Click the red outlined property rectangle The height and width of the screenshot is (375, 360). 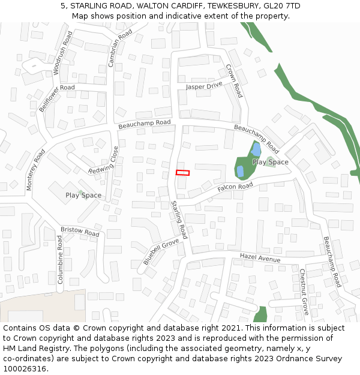[x=182, y=173]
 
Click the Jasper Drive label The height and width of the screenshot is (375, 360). [x=204, y=86]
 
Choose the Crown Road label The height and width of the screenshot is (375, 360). [x=233, y=80]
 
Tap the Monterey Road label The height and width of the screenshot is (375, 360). [x=35, y=170]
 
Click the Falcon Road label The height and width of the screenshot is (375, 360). [x=235, y=187]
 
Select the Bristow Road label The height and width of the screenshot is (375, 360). [x=80, y=232]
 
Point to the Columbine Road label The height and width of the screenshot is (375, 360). [x=60, y=259]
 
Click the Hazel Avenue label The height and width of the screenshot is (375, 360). [x=260, y=258]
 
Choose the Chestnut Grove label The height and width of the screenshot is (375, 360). [x=304, y=292]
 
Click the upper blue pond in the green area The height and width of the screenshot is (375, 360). [x=256, y=149]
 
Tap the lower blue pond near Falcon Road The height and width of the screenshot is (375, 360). [x=241, y=171]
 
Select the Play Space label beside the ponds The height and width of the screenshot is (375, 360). [x=270, y=162]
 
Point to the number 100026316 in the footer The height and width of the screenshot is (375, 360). [x=23, y=368]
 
